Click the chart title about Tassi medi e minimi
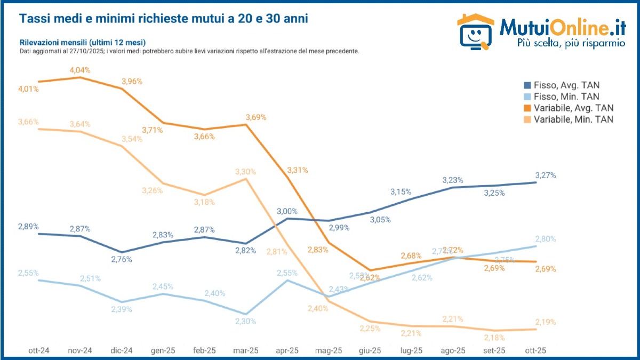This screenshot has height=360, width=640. [163, 19]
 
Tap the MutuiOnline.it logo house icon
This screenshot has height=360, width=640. [476, 33]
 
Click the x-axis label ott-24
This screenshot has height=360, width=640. [39, 350]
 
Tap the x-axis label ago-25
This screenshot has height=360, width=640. [453, 350]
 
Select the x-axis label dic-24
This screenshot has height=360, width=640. [122, 350]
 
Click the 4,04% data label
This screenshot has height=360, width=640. [79, 70]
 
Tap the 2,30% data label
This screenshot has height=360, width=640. [245, 322]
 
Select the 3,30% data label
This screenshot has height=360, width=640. [245, 172]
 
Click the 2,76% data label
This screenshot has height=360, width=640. [122, 260]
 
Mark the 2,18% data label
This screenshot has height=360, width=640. [494, 338]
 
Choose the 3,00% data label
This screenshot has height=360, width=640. [287, 211]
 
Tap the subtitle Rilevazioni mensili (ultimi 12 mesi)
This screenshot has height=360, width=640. [83, 42]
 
